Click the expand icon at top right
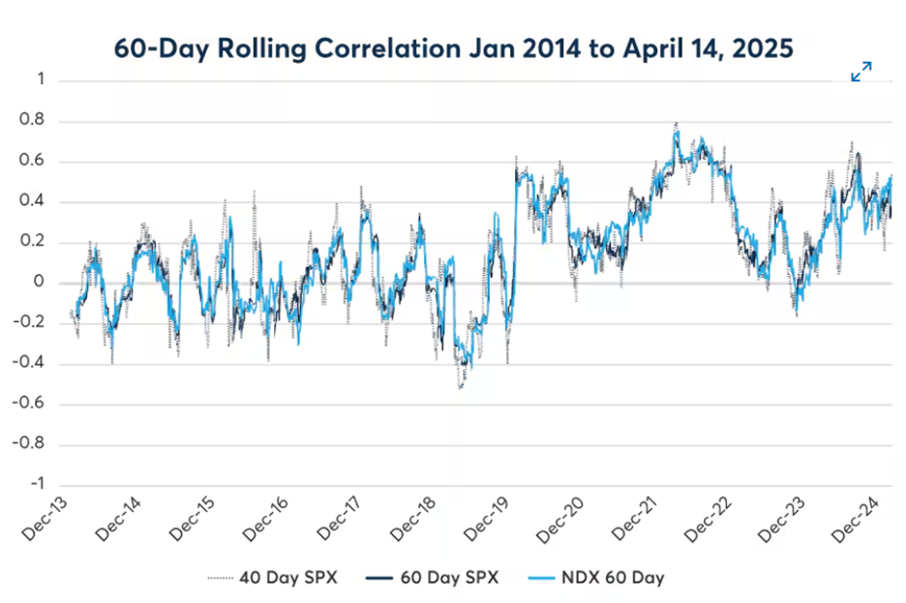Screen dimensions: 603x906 click(x=861, y=72)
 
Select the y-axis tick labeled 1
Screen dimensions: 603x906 click(x=40, y=80)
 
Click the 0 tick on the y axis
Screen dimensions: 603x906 click(x=40, y=283)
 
